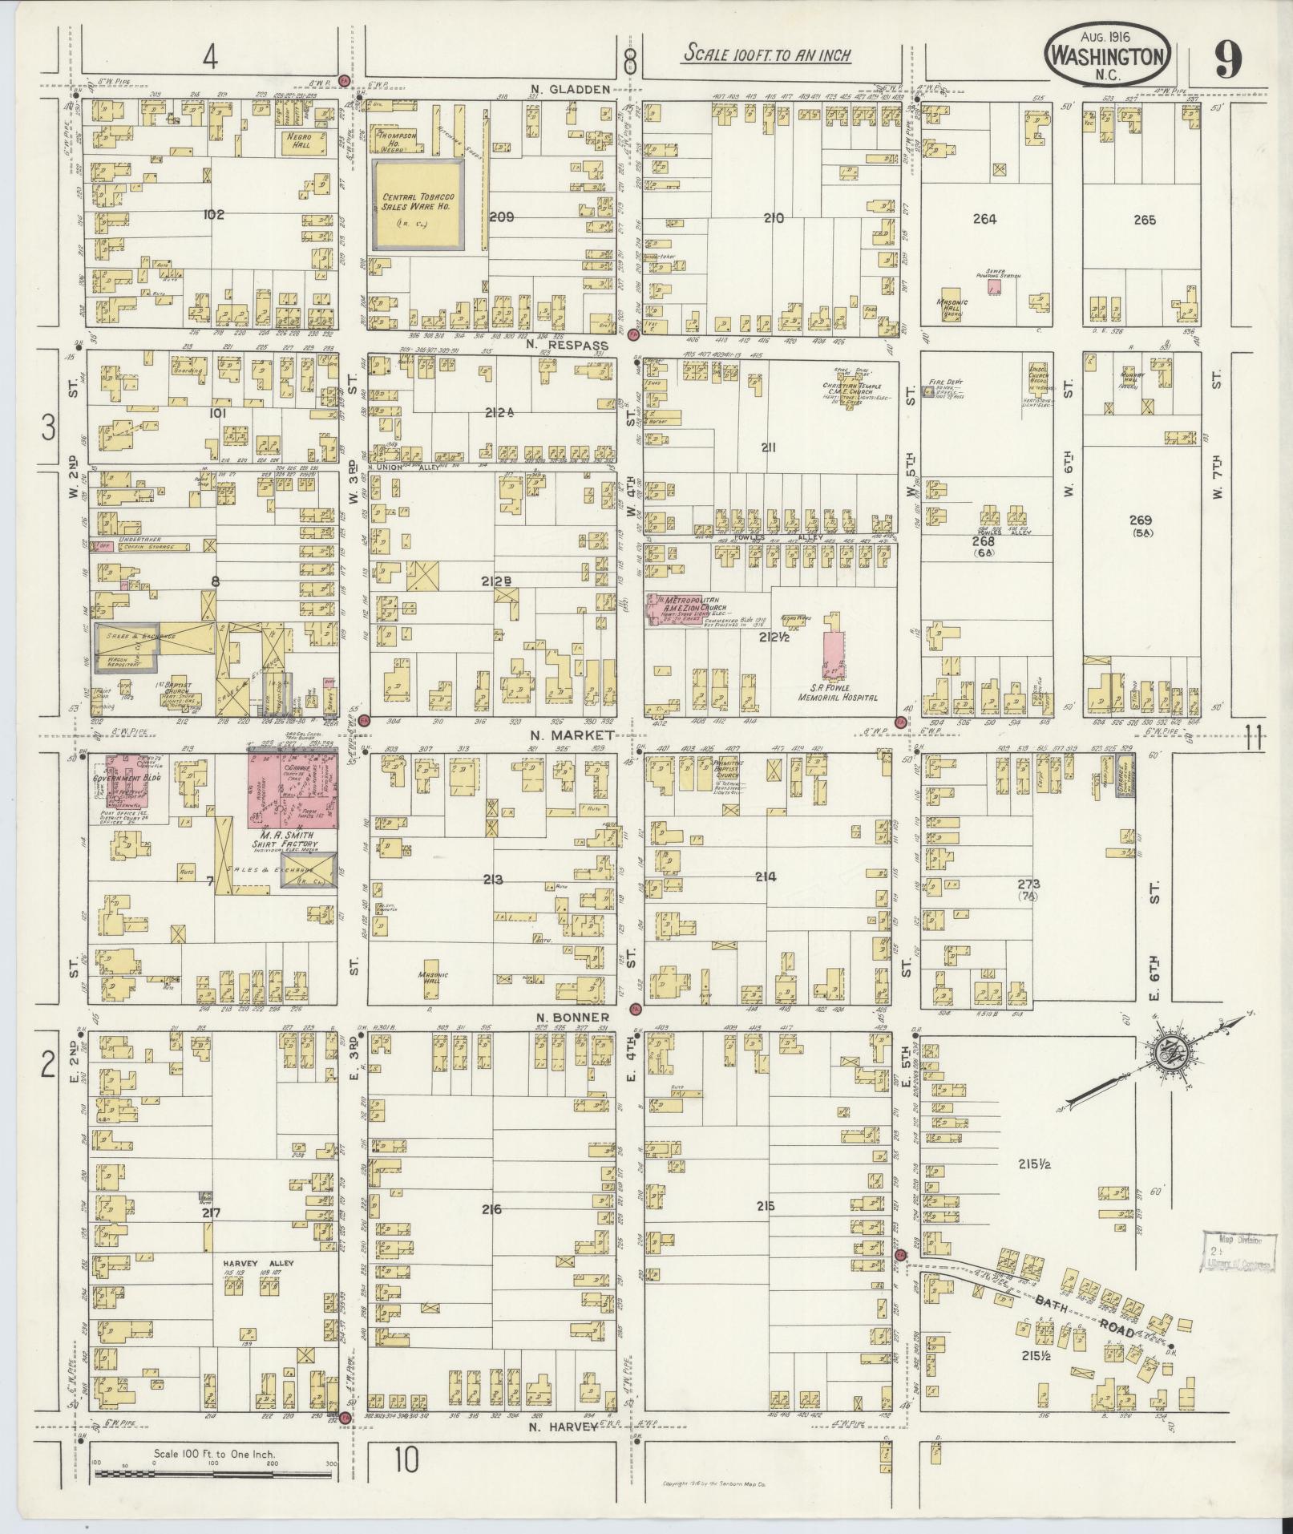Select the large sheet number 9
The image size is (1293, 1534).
click(x=1227, y=59)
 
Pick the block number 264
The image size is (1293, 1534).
click(x=984, y=219)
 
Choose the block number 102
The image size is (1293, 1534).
click(x=214, y=214)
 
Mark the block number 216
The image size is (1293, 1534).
click(x=491, y=1208)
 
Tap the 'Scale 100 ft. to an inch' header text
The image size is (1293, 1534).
click(x=766, y=55)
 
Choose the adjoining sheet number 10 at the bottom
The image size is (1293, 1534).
click(x=406, y=1462)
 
